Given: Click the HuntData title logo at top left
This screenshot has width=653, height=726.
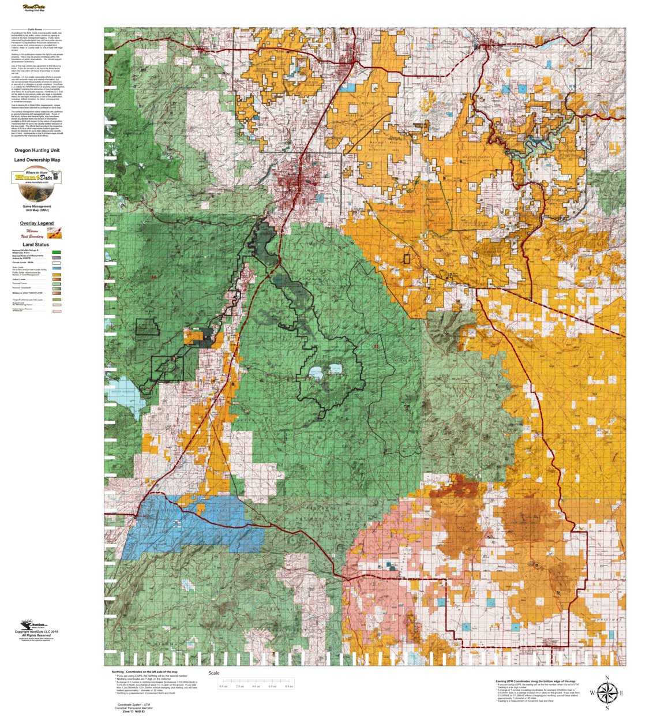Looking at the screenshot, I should [35, 8].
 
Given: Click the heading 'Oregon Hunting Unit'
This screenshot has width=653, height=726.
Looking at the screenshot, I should [37, 150].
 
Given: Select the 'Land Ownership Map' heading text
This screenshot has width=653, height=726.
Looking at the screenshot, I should [37, 160].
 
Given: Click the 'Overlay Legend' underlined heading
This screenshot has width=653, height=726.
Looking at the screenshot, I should [37, 223].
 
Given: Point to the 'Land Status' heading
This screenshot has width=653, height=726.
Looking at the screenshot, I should [36, 245].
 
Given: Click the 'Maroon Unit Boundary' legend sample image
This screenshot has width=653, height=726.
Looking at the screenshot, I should [55, 233].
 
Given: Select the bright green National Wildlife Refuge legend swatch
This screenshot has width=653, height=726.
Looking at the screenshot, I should [57, 252].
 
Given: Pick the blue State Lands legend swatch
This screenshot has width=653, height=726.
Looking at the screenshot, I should [57, 269].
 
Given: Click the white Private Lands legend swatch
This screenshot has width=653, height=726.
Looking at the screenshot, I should [57, 263].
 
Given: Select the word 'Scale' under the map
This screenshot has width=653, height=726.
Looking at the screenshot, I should [214, 673].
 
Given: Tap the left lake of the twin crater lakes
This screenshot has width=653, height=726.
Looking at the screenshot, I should [316, 373].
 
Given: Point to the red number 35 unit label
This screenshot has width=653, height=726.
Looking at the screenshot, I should [376, 346].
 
